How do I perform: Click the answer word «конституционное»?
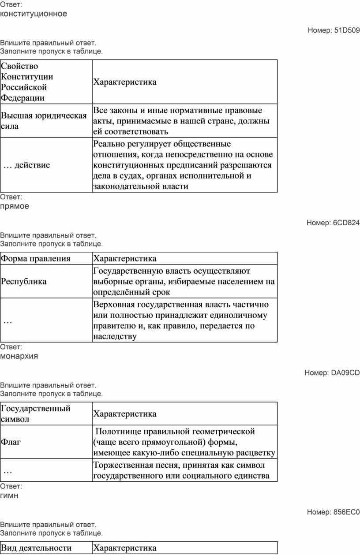pyautogui.click(x=34, y=14)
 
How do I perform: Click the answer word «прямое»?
pyautogui.click(x=15, y=206)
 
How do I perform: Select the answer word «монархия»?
pyautogui.click(x=19, y=356)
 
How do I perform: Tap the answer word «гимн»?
pyautogui.click(x=9, y=495)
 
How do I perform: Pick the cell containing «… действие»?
pyautogui.click(x=27, y=165)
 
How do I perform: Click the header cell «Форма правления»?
pyautogui.click(x=36, y=258)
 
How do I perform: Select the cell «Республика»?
pyautogui.click(x=24, y=282)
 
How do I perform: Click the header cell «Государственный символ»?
pyautogui.click(x=36, y=413)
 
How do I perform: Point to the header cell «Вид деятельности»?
pyautogui.click(x=36, y=548)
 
